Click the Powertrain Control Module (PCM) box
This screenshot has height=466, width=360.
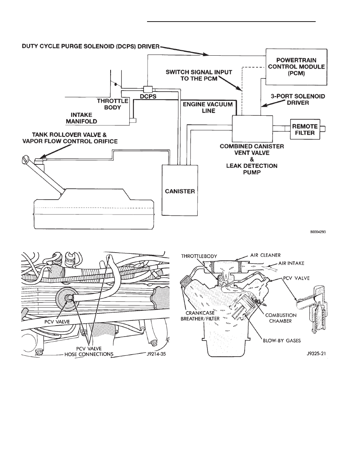pos(296,67)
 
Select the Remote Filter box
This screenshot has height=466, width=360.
pos(305,129)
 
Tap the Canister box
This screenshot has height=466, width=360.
pos(180,191)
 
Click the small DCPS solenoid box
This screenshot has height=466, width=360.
pos(147,89)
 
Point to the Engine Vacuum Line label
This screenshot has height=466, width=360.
pos(207,107)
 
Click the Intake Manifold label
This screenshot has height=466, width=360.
pos(82,118)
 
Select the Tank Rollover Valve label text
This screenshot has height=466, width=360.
pos(70,138)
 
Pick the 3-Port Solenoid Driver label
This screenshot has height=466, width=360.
pos(298,100)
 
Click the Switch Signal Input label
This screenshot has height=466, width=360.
pos(199,75)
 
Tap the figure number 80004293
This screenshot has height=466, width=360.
pos(318,232)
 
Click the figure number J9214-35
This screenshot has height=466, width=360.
pos(156,354)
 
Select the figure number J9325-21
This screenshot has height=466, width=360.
pos(316,354)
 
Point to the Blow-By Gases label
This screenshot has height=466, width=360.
pos(282,340)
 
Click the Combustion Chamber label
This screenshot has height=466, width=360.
pos(281,318)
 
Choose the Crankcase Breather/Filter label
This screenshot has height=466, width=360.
pos(200,316)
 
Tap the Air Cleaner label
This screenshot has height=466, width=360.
pos(265,255)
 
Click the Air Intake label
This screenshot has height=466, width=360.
pos(291,263)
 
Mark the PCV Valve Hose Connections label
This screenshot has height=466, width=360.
pos(89,351)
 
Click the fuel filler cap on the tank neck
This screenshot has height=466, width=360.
pos(25,159)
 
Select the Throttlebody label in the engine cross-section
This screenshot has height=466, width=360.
pos(199,256)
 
